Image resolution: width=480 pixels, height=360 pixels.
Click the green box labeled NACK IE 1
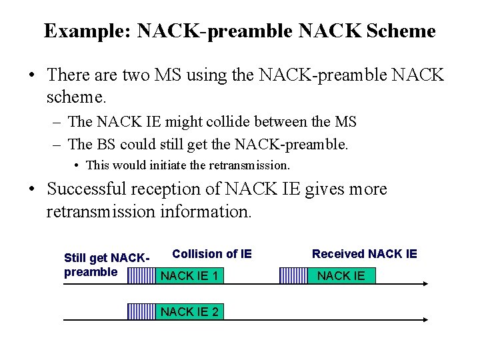point(189,276)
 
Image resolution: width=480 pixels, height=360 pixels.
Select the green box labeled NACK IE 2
point(189,311)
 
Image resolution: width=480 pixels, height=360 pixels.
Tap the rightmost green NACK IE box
point(341,276)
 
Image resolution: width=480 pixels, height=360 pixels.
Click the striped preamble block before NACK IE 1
point(141,276)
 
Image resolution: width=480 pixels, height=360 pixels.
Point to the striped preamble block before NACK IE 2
point(141,311)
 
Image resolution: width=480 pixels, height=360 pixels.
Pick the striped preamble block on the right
point(292,276)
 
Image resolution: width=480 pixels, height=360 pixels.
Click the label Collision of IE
point(212,254)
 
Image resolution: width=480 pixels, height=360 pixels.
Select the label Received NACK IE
point(364,254)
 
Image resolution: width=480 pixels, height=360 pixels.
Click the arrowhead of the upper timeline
point(424,285)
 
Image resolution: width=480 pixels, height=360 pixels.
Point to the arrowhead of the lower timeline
point(424,320)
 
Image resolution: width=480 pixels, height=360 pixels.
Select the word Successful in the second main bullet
point(95,189)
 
